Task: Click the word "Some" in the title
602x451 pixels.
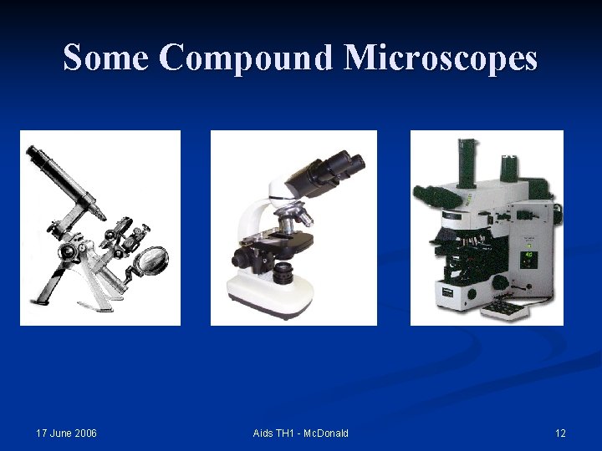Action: point(107,58)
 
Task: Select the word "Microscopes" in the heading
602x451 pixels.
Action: point(441,58)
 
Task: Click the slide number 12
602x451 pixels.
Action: point(560,433)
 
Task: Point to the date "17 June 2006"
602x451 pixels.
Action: point(67,433)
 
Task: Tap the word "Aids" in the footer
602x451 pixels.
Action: point(264,433)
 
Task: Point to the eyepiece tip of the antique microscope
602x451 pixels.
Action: point(35,154)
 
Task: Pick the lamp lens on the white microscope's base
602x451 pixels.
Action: point(283,271)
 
